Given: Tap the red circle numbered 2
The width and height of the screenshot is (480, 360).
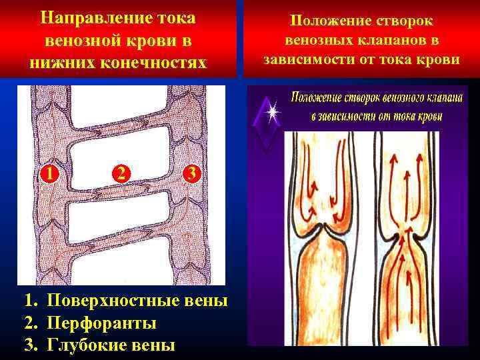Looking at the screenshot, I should coord(121,174).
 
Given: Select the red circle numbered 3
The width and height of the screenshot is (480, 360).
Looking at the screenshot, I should coord(191,174).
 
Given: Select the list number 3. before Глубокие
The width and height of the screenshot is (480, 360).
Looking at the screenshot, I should coord(31,345).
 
